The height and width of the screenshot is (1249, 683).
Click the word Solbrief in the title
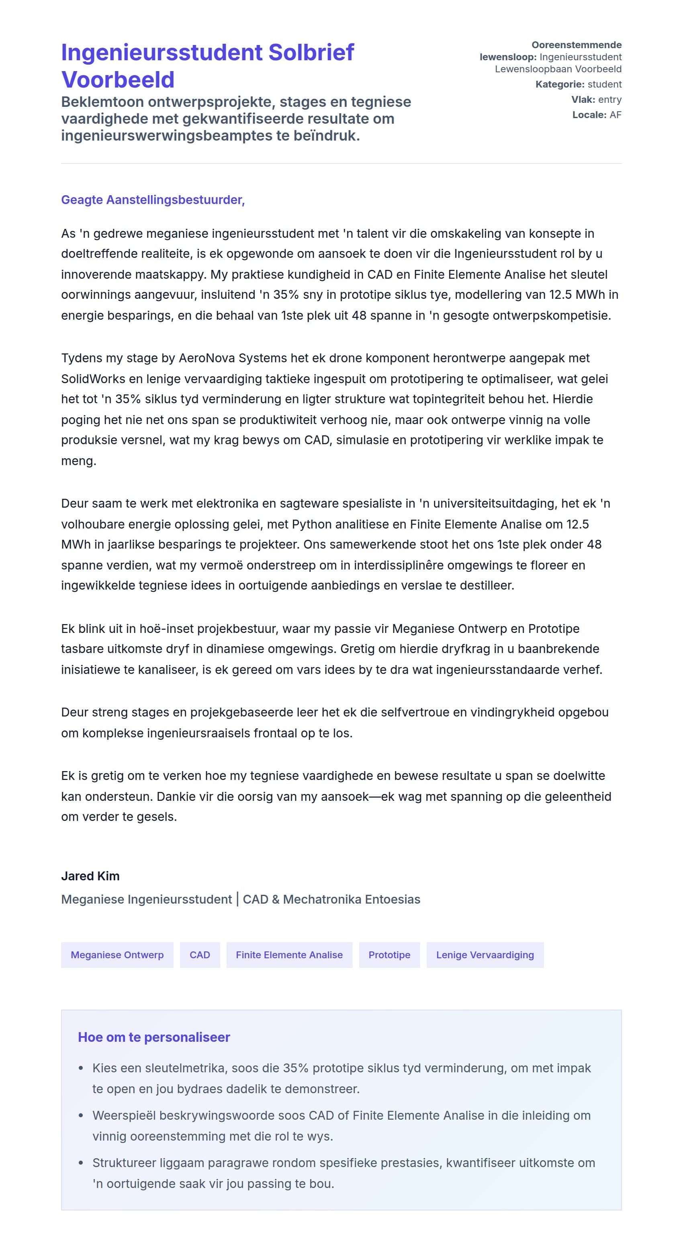(311, 52)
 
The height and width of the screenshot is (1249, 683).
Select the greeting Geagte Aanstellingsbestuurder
(153, 200)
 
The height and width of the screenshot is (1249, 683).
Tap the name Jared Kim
(90, 876)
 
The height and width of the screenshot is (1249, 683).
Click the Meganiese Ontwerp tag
(117, 955)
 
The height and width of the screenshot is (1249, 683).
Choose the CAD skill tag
(200, 955)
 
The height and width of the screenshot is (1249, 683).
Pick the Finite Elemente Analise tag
(289, 955)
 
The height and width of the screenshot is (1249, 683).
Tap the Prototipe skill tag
(389, 955)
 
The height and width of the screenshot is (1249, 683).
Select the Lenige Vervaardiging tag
(485, 955)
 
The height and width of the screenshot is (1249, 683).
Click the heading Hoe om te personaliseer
(154, 1037)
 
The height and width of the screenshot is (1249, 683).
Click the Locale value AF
(615, 115)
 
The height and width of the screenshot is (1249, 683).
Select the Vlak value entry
(610, 99)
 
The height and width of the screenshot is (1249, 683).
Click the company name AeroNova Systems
(233, 358)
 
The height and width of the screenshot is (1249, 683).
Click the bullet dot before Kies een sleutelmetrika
(81, 1069)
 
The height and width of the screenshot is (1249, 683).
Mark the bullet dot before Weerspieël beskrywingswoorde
(81, 1116)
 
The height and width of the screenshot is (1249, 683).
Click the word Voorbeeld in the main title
(118, 80)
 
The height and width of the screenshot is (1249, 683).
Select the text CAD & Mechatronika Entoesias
(331, 900)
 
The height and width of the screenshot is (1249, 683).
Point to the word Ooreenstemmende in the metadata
(576, 45)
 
